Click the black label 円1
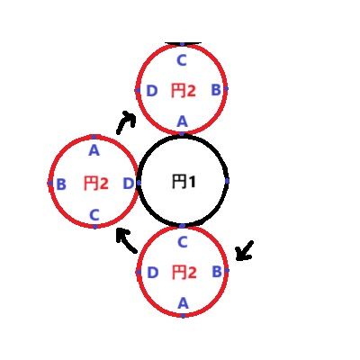184,182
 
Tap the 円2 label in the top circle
184,90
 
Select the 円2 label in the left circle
95,183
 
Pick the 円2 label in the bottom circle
184,272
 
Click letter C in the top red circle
182,60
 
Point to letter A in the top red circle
182,121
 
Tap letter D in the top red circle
152,91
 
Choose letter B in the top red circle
216,90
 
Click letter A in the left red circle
94,150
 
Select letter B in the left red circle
61,184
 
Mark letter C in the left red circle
94,215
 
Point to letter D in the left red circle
129,184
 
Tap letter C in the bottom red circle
183,242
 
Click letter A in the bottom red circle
183,303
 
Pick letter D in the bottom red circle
152,273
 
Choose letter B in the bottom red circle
217,272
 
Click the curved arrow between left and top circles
126,120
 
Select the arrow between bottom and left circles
127,240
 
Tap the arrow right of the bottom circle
245,251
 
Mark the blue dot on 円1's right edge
227,181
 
